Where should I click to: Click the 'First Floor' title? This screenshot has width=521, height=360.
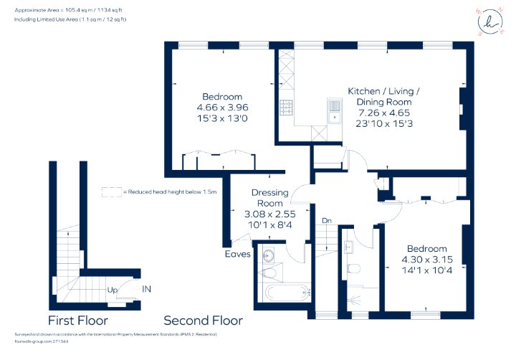[78, 321]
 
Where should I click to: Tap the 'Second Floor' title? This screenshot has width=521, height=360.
[203, 321]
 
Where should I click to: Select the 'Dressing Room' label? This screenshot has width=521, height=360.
[269, 198]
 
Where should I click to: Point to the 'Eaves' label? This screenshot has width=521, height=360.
[238, 254]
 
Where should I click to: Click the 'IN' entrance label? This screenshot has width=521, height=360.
[146, 289]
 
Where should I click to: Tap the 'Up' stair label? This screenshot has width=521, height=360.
[113, 290]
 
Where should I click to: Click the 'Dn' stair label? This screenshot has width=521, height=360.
[327, 220]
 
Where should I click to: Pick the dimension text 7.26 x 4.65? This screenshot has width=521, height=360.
[384, 113]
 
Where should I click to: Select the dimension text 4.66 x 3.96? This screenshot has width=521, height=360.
[222, 108]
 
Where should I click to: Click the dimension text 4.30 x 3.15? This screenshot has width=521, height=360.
[427, 260]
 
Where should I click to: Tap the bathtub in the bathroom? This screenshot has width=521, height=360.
[288, 293]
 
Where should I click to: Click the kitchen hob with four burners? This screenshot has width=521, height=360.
[286, 108]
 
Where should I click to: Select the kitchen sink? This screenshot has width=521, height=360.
[335, 110]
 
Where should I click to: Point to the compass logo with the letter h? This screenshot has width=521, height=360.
[490, 22]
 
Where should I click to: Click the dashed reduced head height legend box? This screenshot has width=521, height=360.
[112, 192]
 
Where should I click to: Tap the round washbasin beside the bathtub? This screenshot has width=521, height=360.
[268, 255]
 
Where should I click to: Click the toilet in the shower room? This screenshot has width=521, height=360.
[353, 267]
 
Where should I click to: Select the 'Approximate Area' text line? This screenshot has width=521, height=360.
[69, 10]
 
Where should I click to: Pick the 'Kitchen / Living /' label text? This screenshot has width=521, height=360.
[383, 91]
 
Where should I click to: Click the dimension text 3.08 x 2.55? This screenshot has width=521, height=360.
[269, 214]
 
